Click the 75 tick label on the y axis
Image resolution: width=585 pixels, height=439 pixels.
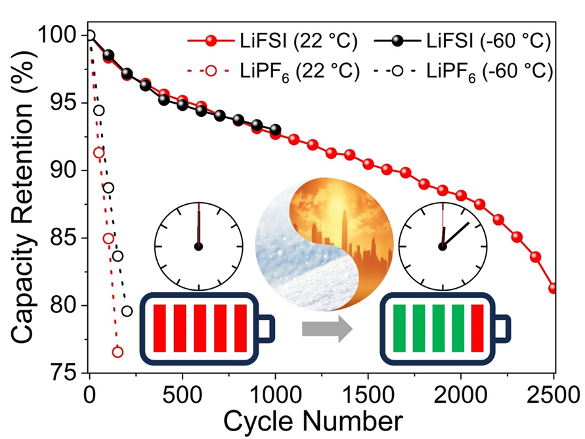pos(64,373)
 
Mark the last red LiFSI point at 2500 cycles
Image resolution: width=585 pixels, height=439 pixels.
pos(553,288)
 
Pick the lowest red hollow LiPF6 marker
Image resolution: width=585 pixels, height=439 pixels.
pos(118,352)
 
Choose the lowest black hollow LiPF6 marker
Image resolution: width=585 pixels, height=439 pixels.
pos(127,311)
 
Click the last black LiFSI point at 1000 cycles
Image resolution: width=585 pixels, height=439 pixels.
pos(275,130)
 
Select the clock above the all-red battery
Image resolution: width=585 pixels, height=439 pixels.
pos(198,246)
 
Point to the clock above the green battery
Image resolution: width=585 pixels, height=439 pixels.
pos(443,246)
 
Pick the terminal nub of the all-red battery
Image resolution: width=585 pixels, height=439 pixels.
pos(265,329)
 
